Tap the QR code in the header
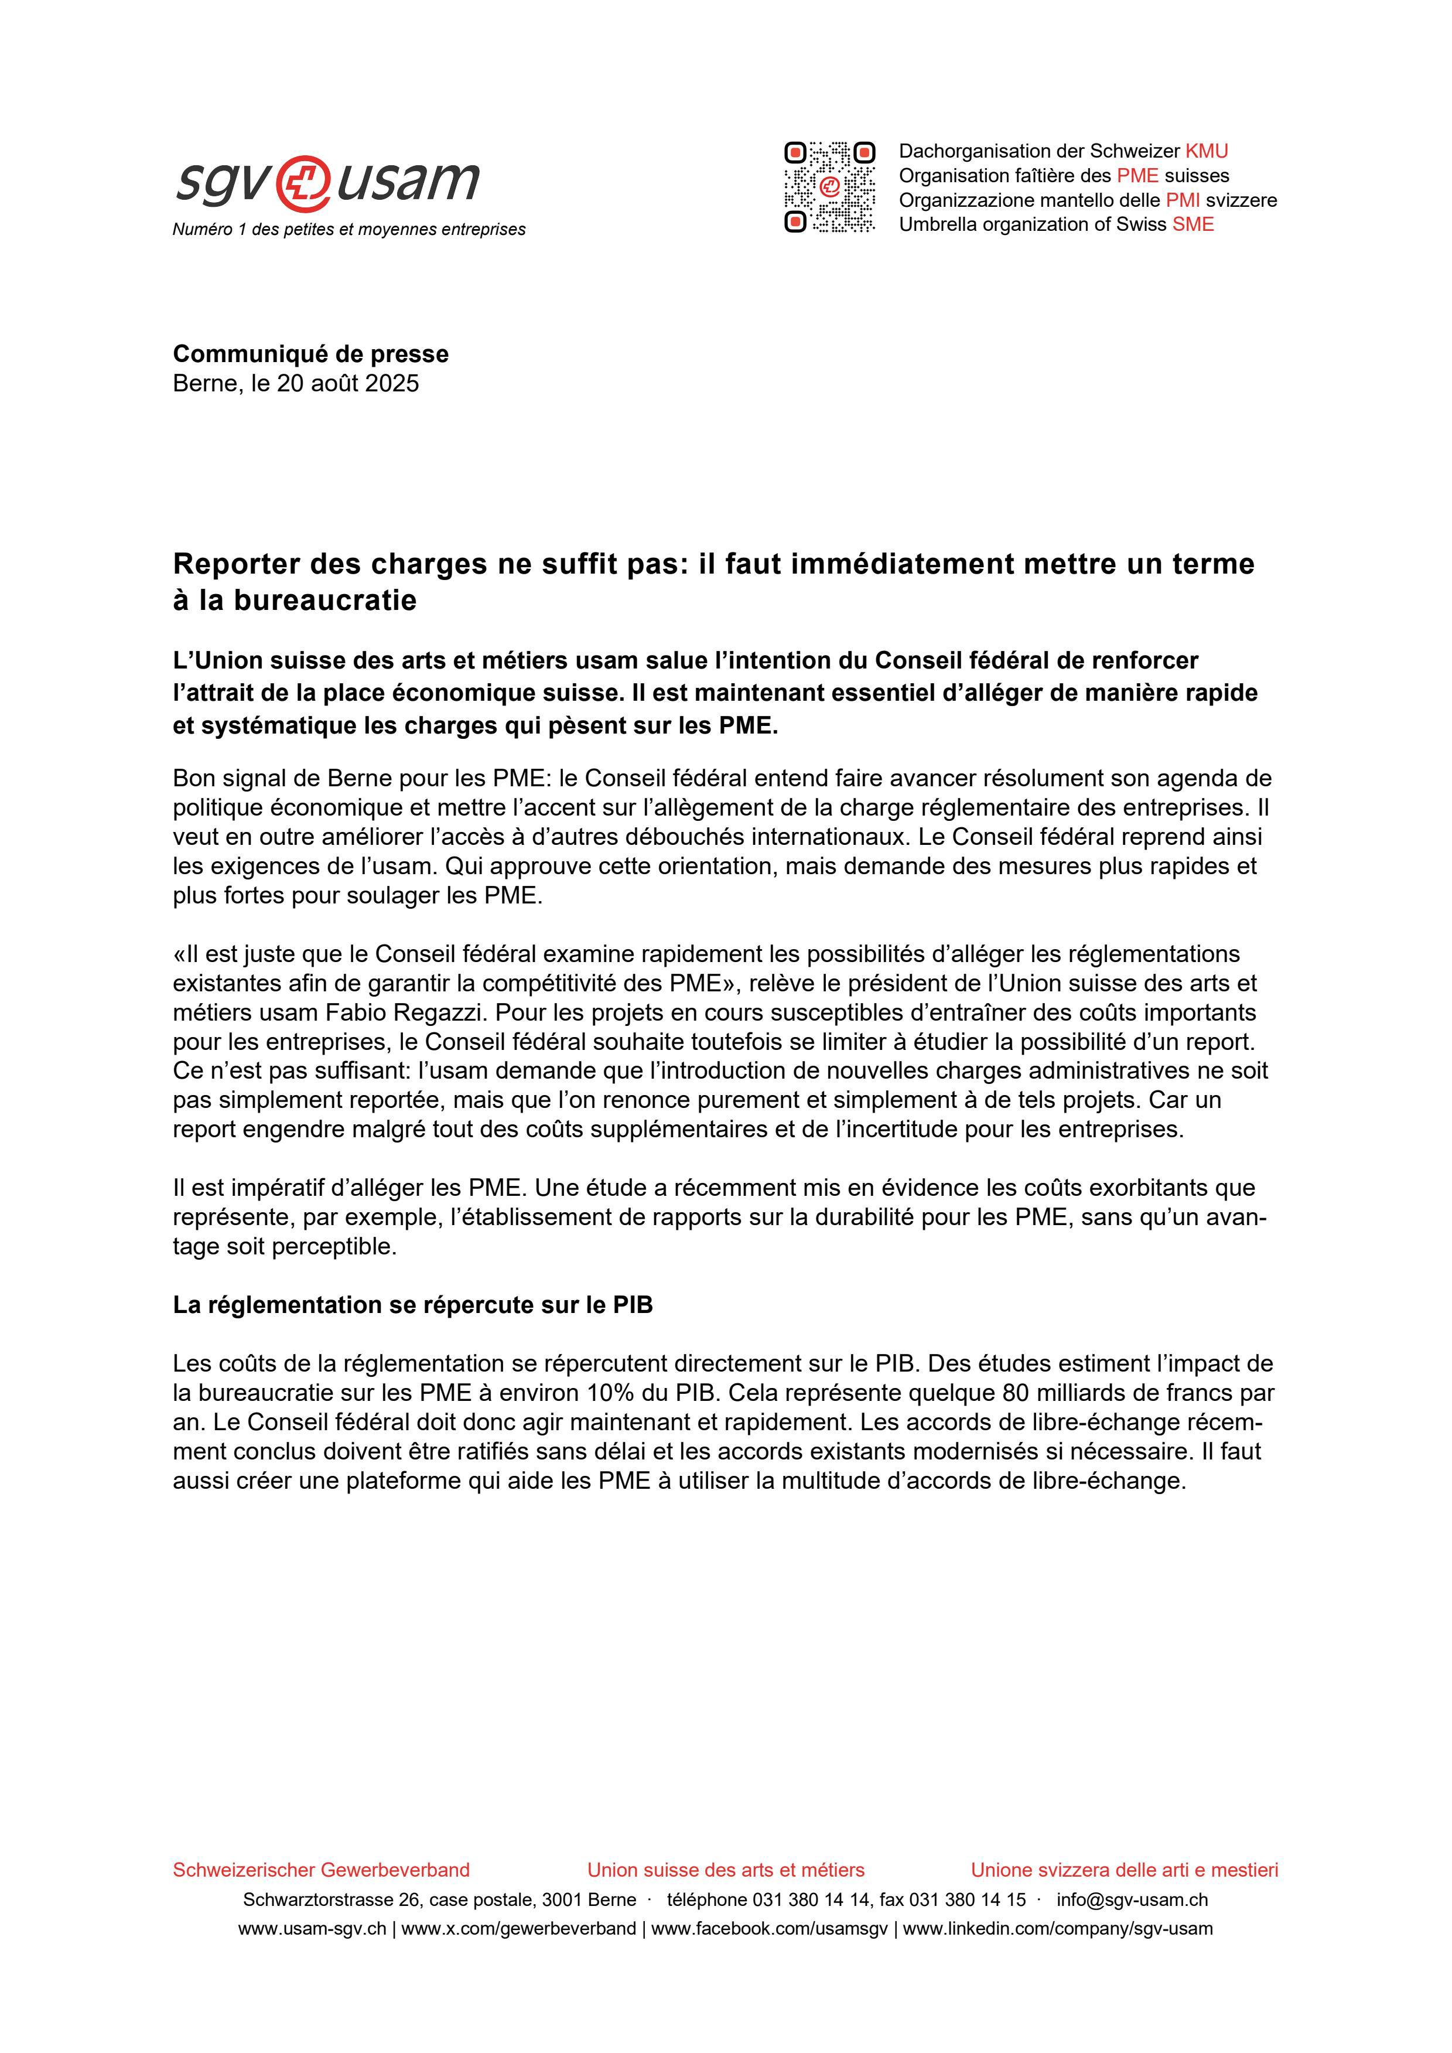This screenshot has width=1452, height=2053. [x=829, y=187]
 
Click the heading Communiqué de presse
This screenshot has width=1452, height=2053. [x=310, y=354]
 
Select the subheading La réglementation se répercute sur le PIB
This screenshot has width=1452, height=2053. [x=412, y=1305]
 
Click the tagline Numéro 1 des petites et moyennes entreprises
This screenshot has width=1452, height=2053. [x=349, y=230]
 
